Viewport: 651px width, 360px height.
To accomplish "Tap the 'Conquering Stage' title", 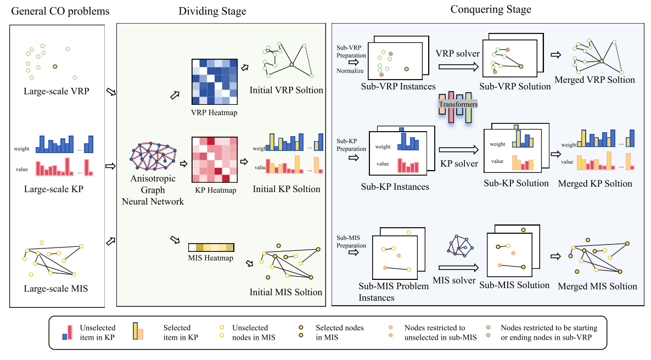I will pyautogui.click(x=491, y=9).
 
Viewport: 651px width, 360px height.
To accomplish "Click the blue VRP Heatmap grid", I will pyautogui.click(x=214, y=82).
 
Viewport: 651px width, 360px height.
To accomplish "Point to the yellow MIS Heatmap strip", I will pyautogui.click(x=211, y=247).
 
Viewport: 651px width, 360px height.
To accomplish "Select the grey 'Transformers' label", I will pyautogui.click(x=458, y=104).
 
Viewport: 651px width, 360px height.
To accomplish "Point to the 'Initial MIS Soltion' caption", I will pyautogui.click(x=286, y=292).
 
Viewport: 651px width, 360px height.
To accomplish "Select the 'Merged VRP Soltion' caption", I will pyautogui.click(x=595, y=80).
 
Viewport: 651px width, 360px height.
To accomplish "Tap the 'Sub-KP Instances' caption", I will pyautogui.click(x=395, y=187).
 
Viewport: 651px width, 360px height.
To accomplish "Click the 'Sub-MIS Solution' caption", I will pyautogui.click(x=514, y=285).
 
